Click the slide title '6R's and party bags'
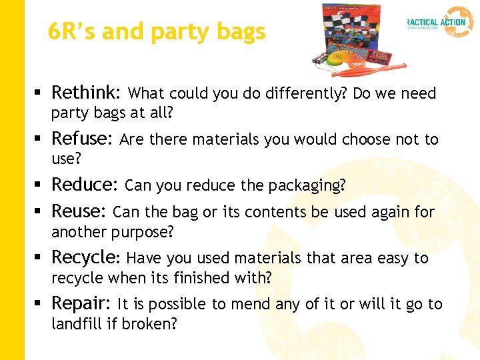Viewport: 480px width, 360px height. click(x=157, y=31)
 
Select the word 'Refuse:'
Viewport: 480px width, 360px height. click(x=83, y=138)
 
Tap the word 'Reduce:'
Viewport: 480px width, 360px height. click(x=85, y=184)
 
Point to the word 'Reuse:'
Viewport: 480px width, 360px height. click(x=79, y=211)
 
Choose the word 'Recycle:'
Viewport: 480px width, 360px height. click(x=86, y=257)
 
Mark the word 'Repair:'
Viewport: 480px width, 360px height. click(x=81, y=303)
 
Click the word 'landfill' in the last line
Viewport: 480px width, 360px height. click(x=75, y=324)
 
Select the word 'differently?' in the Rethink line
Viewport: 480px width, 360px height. click(x=303, y=93)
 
